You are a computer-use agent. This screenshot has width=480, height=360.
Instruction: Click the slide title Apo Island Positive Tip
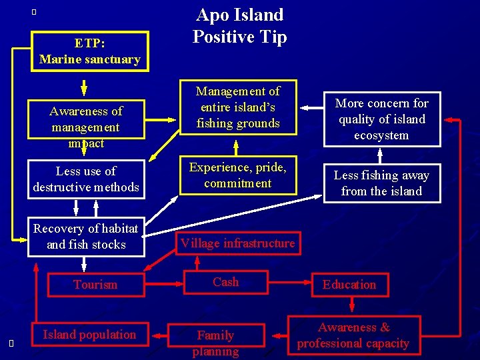[x=239, y=25]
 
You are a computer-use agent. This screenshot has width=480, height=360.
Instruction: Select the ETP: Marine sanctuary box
[x=89, y=51]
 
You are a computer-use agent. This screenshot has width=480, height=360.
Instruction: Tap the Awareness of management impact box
[x=85, y=126]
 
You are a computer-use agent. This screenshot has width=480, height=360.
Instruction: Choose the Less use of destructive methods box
[x=86, y=179]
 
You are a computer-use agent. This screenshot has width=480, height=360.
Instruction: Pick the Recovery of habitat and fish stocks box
[x=86, y=236]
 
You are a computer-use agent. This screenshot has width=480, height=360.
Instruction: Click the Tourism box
[x=95, y=285]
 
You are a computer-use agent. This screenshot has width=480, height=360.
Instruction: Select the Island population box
[x=89, y=335]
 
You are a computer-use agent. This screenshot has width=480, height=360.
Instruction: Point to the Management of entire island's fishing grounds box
[x=238, y=107]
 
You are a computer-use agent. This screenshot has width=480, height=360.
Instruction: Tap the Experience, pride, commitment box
[x=238, y=175]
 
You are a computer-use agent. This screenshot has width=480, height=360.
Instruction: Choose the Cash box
[x=225, y=282]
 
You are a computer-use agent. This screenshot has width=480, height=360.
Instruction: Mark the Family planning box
[x=215, y=342]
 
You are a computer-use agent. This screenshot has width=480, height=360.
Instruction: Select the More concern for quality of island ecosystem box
[x=382, y=119]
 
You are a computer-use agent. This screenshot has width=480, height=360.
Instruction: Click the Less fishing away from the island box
[x=382, y=183]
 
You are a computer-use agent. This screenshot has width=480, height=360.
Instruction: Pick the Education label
[x=349, y=285]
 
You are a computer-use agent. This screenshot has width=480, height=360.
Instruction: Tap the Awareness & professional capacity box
[x=353, y=335]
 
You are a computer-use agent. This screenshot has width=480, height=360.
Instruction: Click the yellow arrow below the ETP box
[x=84, y=87]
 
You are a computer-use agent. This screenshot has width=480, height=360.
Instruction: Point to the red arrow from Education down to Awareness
[x=351, y=305]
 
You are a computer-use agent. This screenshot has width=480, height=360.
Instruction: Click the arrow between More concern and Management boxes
[x=311, y=106]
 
